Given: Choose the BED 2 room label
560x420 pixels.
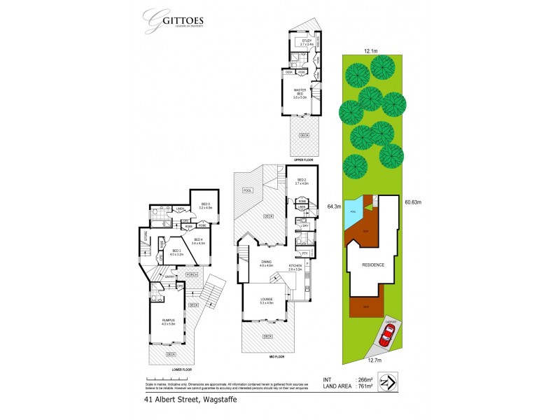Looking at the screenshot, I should pyautogui.click(x=302, y=181).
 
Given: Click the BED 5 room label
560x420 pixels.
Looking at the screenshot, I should pyautogui.click(x=205, y=206).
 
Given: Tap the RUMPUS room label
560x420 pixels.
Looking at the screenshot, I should pyautogui.click(x=166, y=321).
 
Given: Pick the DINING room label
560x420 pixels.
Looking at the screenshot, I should pyautogui.click(x=265, y=264).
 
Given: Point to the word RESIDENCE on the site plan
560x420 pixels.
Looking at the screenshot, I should pyautogui.click(x=372, y=265).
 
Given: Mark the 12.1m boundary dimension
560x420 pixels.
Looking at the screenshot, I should pyautogui.click(x=371, y=50).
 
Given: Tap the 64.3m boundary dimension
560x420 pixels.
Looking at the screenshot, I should pyautogui.click(x=333, y=206).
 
